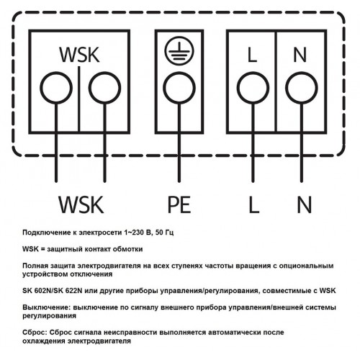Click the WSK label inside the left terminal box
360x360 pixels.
coord(79,55)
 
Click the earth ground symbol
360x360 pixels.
coord(179,51)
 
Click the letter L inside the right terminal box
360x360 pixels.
coord(252,55)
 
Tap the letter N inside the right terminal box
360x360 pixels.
coord(300,55)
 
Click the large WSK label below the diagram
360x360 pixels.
coord(81,204)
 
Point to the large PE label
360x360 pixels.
coord(179,204)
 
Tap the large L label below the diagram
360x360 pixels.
coord(254,204)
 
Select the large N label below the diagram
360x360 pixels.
coord(305,204)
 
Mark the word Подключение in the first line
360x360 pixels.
coord(45,233)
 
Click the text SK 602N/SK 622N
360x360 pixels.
coord(53,291)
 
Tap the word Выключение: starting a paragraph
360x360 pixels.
coord(46,307)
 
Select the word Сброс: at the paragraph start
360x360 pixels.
coord(35,333)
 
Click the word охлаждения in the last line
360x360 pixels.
coord(44,341)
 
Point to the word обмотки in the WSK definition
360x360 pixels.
coord(130,249)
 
